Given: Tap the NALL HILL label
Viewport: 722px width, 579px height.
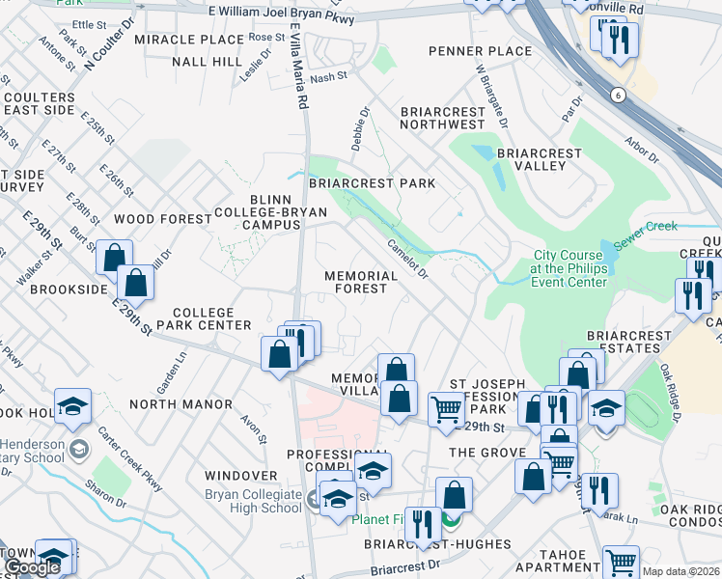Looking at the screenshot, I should tap(207, 62).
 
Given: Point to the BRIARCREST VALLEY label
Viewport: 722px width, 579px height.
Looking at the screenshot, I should tap(540, 159).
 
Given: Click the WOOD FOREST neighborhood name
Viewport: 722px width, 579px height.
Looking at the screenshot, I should tap(162, 219).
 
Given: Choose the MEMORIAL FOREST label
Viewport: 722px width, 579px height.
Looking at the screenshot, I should tap(361, 282).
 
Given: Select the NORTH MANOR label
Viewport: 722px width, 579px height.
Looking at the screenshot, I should tap(180, 403).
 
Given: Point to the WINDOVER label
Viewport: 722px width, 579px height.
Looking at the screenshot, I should tap(242, 476).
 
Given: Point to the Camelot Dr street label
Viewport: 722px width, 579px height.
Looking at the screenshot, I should tap(408, 259).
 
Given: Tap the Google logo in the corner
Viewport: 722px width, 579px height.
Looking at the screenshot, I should tap(32, 567).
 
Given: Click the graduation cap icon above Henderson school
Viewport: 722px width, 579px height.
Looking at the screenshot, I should tap(72, 408).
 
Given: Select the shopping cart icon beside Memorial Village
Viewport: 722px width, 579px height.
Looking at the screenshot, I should tap(444, 409).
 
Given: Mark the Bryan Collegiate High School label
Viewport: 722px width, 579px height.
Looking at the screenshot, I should tap(254, 502).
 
